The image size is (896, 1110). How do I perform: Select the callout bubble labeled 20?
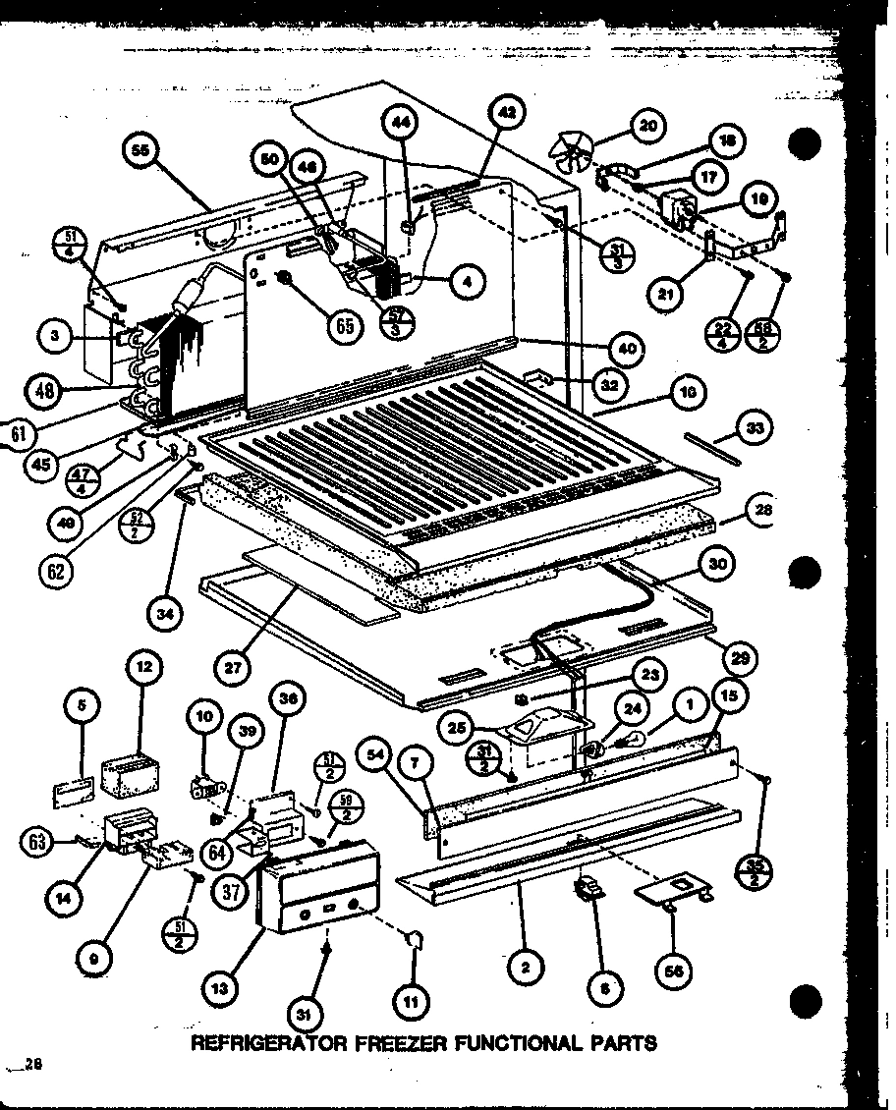(x=647, y=125)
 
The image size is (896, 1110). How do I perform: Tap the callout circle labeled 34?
(x=163, y=616)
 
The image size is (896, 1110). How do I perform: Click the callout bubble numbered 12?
(x=144, y=667)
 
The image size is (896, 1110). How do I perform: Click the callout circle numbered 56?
(x=674, y=971)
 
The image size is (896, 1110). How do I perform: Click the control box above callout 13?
(x=319, y=884)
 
